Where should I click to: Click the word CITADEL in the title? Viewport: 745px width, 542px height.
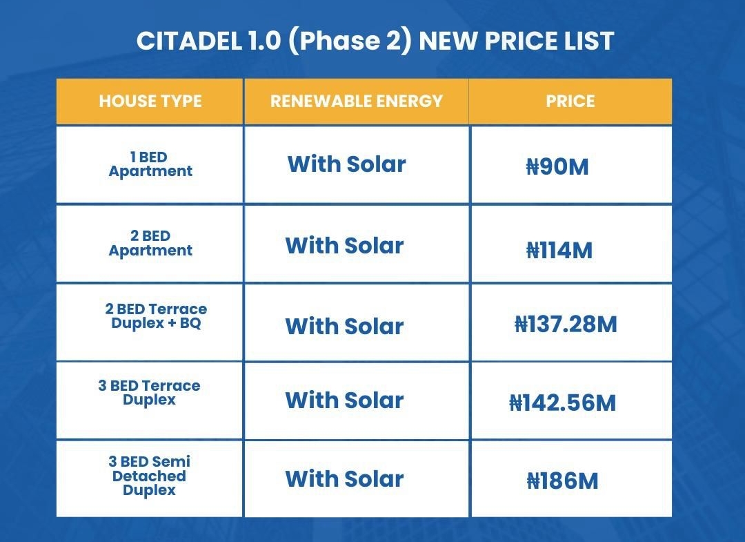point(189,41)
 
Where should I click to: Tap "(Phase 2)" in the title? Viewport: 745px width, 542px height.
point(349,41)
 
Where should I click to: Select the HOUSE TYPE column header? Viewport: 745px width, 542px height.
point(150,101)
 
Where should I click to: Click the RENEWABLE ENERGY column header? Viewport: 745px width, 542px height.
point(357,101)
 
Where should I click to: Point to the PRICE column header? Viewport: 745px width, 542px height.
point(570,101)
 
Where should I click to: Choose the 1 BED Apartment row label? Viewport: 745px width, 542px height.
point(150,164)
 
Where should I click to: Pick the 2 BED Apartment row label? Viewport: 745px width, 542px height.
point(150,243)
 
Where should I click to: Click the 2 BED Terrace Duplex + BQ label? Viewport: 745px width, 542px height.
point(156,316)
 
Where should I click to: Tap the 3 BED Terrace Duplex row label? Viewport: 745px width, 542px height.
point(149,392)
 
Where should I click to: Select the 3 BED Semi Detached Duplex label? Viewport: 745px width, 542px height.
point(149,476)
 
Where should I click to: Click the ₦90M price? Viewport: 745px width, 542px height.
point(557,167)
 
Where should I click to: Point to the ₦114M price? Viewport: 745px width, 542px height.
point(559,251)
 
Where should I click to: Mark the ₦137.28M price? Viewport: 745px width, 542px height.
point(566,325)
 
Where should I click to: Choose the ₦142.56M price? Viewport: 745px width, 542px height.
point(563,403)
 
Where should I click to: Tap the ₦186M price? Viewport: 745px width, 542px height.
point(563,481)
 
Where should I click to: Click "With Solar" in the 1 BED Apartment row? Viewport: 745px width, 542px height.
point(347,164)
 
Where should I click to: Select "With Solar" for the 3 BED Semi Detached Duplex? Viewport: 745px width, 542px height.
point(344,478)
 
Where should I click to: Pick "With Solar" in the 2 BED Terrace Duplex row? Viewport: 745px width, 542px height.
point(344,327)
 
